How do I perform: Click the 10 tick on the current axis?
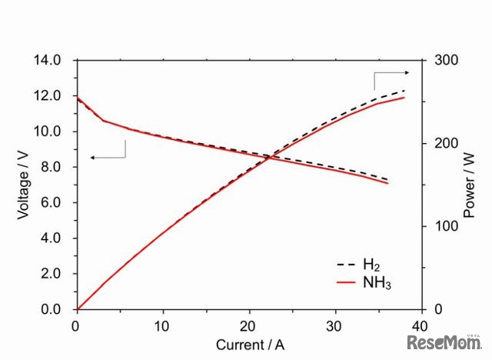click(161, 325)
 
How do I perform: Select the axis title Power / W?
click(470, 185)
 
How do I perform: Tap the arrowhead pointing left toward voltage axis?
click(92, 157)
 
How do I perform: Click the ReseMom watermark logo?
click(444, 342)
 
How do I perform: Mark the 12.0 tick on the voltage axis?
click(53, 96)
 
